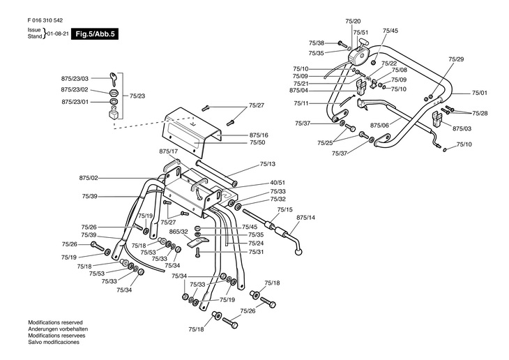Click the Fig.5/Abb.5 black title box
[95, 33]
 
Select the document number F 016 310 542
[45, 20]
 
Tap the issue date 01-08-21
[58, 33]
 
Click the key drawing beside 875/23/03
[113, 79]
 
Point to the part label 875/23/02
[75, 90]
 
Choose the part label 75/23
[137, 96]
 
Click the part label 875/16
[259, 135]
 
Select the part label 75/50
[257, 142]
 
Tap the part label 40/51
[278, 183]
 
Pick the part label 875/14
[306, 218]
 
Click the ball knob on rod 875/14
[299, 252]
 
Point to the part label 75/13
[268, 164]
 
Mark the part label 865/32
[178, 232]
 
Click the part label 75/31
[257, 252]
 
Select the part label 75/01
[480, 93]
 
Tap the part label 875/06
[379, 125]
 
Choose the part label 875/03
[462, 128]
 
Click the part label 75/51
[360, 33]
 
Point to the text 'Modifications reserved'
[55, 322]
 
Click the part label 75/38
[317, 43]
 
